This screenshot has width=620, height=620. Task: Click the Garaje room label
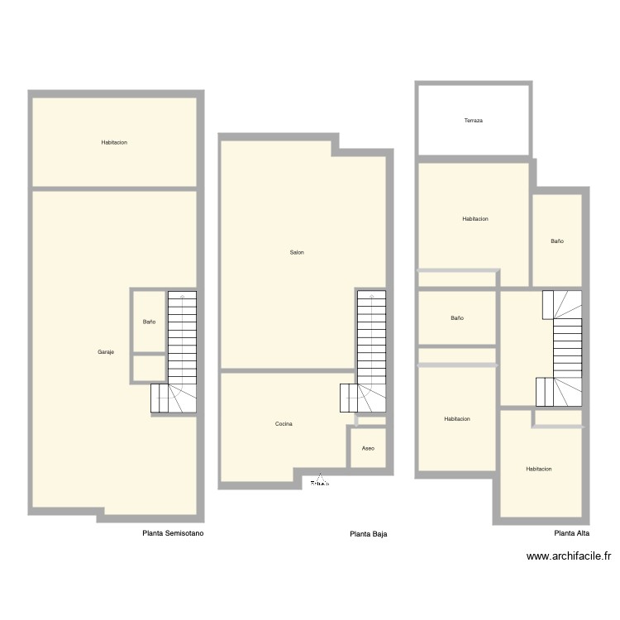coord(106,352)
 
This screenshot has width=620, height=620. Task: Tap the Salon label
coord(297,252)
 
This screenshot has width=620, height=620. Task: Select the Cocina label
coord(284,424)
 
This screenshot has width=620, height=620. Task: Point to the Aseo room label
coord(369,448)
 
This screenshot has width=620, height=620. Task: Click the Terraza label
coord(473,121)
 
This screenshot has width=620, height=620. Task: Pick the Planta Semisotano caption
coord(173,533)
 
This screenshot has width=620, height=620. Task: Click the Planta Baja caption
coord(369,534)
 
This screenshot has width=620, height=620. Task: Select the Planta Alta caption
coord(571,533)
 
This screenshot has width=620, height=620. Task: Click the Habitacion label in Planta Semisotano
coord(114,142)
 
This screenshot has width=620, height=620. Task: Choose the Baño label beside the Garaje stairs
coord(149,322)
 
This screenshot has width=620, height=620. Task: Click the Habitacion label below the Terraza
coord(475,219)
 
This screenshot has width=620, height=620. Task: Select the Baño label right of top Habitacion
coord(557,241)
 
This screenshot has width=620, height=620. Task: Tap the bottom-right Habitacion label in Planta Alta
coord(539,469)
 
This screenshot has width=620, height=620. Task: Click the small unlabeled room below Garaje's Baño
coord(149,368)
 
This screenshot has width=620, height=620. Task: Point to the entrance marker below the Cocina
coord(320,482)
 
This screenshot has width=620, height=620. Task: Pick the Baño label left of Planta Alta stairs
coord(457,318)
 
